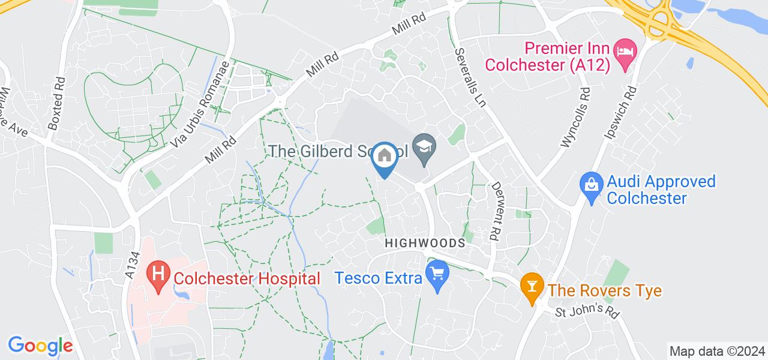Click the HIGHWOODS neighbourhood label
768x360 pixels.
click(x=425, y=243)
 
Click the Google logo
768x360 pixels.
click(x=40, y=346)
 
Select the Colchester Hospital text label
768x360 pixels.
click(x=247, y=278)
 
